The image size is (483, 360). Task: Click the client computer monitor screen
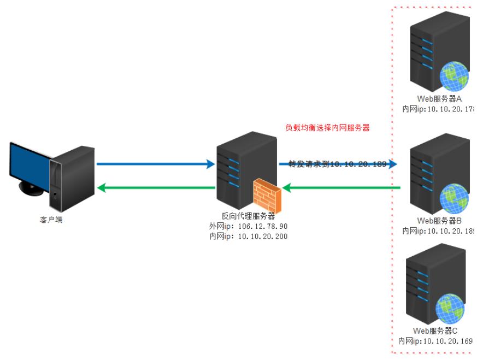pyautogui.click(x=30, y=164)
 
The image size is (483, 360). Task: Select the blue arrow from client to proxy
pyautogui.click(x=155, y=163)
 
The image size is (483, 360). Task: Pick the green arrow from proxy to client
pyautogui.click(x=155, y=188)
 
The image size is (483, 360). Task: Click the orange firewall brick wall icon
pyautogui.click(x=267, y=197)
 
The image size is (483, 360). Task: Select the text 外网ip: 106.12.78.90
pyautogui.click(x=248, y=226)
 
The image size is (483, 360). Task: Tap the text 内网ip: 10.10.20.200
pyautogui.click(x=248, y=236)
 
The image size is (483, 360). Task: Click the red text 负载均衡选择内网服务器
pyautogui.click(x=327, y=128)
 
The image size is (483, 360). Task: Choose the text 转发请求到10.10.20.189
pyautogui.click(x=333, y=164)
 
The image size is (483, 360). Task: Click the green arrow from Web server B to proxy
pyautogui.click(x=341, y=188)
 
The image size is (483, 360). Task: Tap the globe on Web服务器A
pyautogui.click(x=455, y=75)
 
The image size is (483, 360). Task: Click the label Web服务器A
pyautogui.click(x=440, y=99)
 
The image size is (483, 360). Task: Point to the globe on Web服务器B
pyautogui.click(x=455, y=198)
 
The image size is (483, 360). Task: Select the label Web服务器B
pyautogui.click(x=440, y=221)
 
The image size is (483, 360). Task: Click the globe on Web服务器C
pyautogui.click(x=450, y=309)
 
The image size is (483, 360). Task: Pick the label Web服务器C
pyautogui.click(x=435, y=331)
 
